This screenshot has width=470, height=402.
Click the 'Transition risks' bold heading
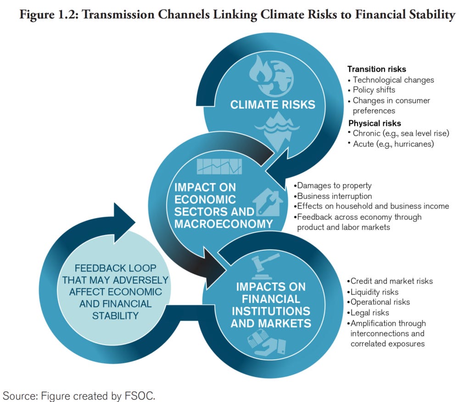[x=376, y=69]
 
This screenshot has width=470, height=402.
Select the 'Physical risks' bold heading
[x=375, y=123]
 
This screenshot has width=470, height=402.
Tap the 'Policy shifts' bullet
[x=374, y=90]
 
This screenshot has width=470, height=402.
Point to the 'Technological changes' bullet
[x=393, y=80]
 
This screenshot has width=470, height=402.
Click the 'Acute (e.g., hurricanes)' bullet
[x=393, y=144]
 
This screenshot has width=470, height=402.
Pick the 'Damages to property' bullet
[x=332, y=186]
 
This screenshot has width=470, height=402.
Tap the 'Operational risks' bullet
[x=380, y=302]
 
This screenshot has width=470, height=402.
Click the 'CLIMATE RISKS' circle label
[x=273, y=105]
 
